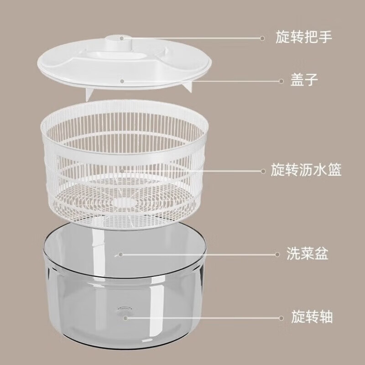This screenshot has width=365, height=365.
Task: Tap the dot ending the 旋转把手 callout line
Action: [x=262, y=38]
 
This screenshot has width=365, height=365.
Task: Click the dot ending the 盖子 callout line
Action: [x=281, y=81]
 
